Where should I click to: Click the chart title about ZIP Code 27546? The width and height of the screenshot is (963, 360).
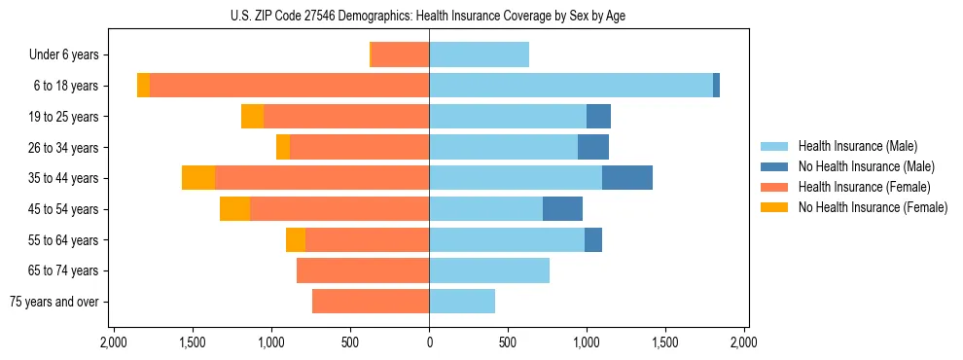(x=429, y=16)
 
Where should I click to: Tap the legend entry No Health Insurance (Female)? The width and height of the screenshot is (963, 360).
(x=872, y=207)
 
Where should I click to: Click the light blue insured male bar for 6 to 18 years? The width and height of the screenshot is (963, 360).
(x=571, y=86)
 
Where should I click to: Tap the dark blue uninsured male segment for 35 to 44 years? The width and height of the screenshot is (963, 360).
(x=627, y=178)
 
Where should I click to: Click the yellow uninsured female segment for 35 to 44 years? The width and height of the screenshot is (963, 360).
(x=198, y=178)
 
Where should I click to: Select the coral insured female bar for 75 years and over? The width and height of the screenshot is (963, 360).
(x=371, y=302)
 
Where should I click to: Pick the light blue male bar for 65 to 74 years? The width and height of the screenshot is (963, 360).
(x=489, y=270)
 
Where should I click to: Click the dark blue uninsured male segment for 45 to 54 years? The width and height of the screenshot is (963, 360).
(x=562, y=209)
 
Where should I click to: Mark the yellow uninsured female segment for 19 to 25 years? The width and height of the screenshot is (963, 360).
(x=252, y=117)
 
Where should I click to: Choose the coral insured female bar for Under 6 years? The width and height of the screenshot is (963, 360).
(x=401, y=55)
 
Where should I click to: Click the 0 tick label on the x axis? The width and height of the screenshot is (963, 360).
(x=429, y=342)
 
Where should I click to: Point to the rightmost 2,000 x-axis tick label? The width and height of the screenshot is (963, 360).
(x=744, y=342)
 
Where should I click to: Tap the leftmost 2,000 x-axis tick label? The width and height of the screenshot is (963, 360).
(x=114, y=342)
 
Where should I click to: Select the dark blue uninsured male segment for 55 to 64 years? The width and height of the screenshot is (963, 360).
(x=593, y=240)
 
